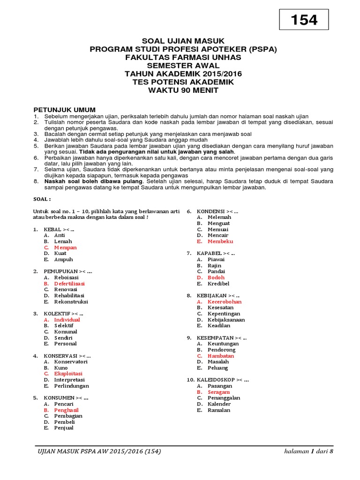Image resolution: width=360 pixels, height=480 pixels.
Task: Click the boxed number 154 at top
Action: [304, 20]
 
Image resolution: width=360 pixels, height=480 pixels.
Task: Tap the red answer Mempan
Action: [65, 247]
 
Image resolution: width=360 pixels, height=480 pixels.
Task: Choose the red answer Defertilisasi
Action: [69, 284]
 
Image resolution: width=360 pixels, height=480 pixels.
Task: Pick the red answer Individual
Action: [67, 320]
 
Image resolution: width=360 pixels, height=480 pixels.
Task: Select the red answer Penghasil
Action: [66, 410]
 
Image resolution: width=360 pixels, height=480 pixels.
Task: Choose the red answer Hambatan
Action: [221, 356]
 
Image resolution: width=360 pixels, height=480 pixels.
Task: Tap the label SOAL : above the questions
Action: [42, 199]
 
